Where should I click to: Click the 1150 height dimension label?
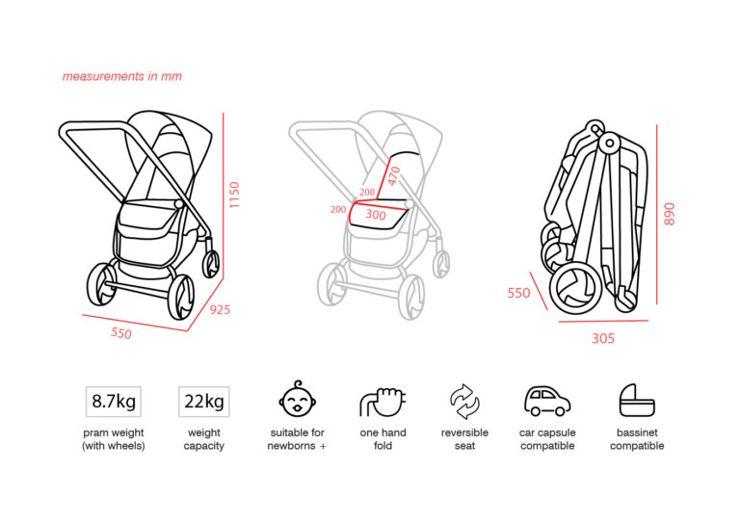234,195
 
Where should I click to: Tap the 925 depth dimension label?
220,310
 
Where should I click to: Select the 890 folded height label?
670,214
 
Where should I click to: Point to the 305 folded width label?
603,339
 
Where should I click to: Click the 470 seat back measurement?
394,175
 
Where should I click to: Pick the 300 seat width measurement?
376,215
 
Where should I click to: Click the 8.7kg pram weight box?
114,402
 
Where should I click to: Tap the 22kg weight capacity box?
204,402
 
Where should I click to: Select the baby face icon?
298,399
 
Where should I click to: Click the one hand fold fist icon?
383,402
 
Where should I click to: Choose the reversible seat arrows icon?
464,402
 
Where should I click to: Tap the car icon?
547,402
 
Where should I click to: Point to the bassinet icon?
637,401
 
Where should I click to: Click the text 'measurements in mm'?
121,76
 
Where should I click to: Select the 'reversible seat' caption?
464,439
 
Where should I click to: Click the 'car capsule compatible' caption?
547,439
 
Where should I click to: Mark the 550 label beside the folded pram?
518,294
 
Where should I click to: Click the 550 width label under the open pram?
121,333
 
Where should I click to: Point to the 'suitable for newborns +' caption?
298,439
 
